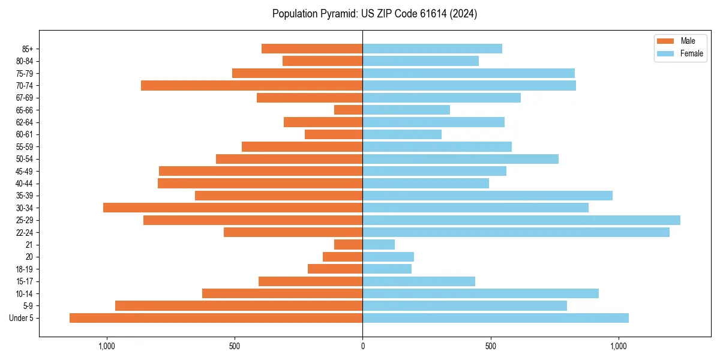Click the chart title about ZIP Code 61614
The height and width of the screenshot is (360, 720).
coord(374,14)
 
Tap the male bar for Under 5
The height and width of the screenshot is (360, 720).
coord(216,318)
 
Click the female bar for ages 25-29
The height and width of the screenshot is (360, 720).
coord(521,220)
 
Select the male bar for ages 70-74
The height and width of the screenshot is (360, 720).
coord(251,85)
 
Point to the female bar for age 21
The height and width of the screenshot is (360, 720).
coord(379,245)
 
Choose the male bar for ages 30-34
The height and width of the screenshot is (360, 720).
coord(233,208)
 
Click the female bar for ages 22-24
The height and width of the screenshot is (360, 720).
coord(515,232)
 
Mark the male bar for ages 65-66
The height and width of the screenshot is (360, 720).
coord(349,110)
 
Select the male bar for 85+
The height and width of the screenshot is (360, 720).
coord(312,49)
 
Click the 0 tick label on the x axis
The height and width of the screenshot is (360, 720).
coord(362,346)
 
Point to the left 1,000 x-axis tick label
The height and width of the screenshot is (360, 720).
coord(106,346)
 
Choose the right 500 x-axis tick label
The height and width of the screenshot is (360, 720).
coord(490,346)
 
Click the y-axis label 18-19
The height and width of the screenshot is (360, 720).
coord(25,269)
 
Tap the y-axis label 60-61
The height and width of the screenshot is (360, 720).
coord(25,134)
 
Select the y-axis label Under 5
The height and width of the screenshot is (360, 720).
coord(22,318)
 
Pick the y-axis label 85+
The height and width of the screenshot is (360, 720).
coord(27,49)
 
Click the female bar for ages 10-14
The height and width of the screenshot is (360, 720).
coord(481,293)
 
